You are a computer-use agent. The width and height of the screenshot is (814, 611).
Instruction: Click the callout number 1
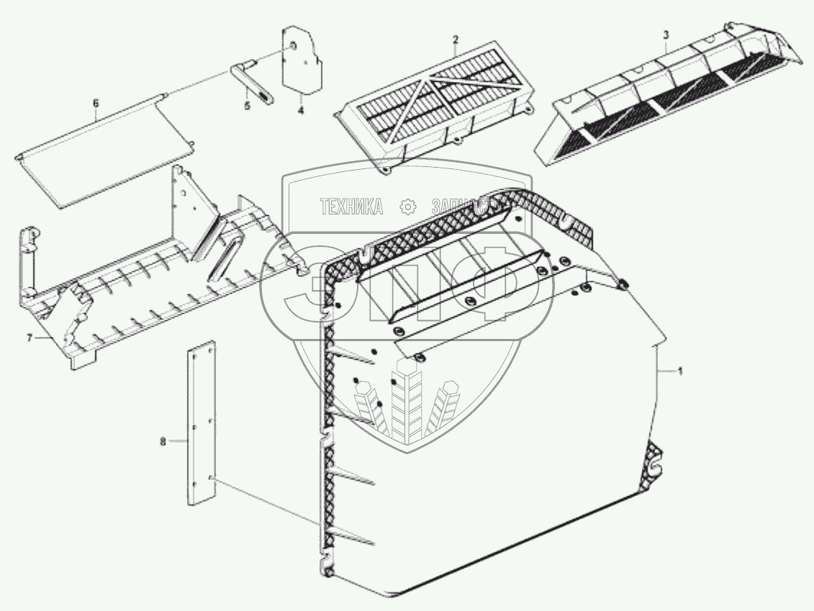(x=680, y=371)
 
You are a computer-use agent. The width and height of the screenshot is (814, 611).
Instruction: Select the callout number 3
(x=666, y=35)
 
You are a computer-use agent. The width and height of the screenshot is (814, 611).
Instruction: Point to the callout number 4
(x=301, y=111)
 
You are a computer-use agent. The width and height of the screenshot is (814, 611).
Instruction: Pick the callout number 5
(x=248, y=105)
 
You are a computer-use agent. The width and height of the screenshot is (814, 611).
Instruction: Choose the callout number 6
(x=96, y=103)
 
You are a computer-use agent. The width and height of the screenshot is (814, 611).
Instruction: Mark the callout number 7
(x=30, y=337)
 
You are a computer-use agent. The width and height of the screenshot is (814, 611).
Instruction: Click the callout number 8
(x=163, y=442)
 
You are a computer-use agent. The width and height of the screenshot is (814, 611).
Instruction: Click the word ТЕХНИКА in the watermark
(x=351, y=207)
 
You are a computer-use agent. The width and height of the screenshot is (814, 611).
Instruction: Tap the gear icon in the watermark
(x=408, y=207)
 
